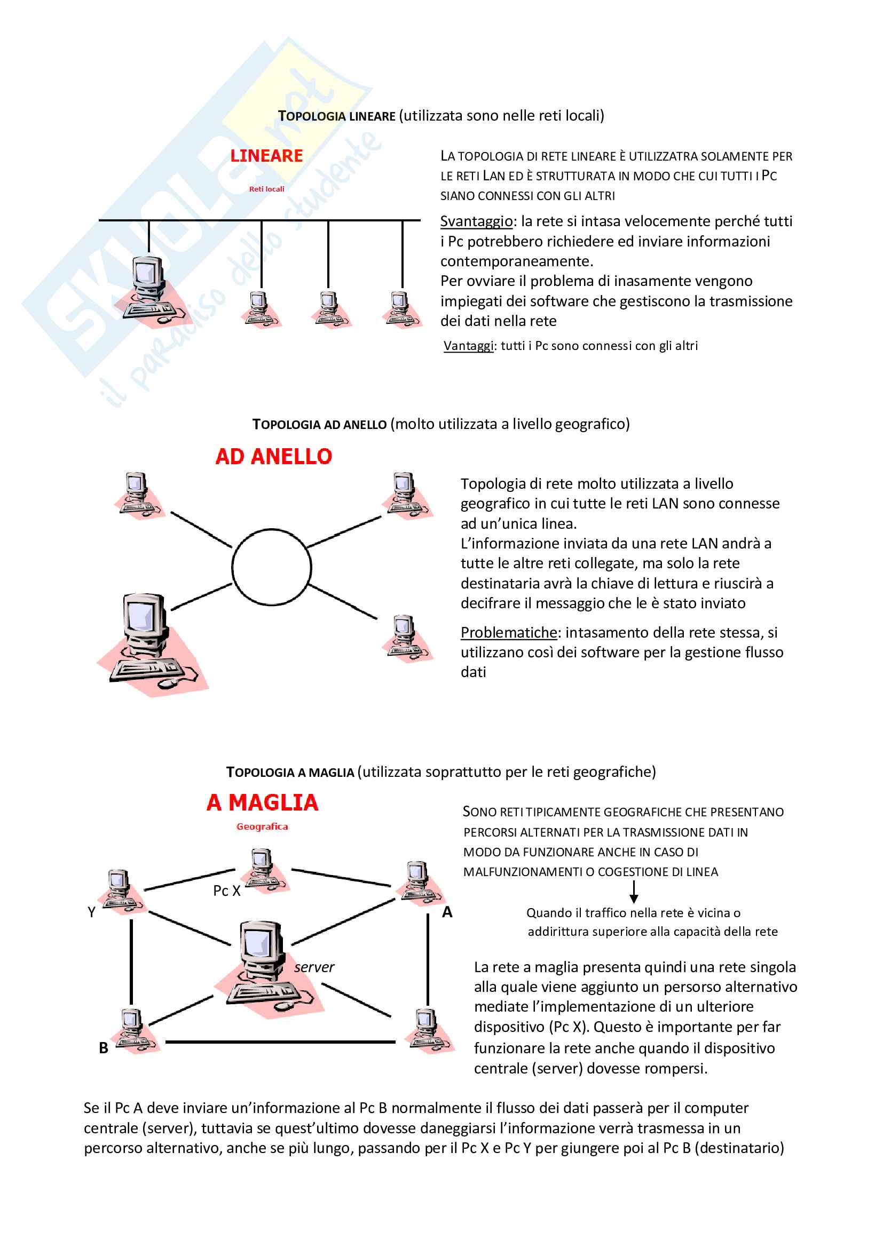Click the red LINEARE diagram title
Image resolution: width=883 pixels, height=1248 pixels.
click(266, 156)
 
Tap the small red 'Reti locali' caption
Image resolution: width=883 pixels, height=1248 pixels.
click(266, 189)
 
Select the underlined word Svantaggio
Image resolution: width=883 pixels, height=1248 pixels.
click(476, 222)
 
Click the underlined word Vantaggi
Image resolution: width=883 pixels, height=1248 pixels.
click(468, 346)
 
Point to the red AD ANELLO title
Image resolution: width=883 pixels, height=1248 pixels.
click(273, 457)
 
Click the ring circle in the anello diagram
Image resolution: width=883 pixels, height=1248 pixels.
click(271, 568)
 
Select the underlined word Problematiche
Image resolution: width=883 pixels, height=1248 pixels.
click(508, 633)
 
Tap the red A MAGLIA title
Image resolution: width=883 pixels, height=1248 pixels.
click(262, 803)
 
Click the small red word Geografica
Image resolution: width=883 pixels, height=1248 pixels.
click(262, 826)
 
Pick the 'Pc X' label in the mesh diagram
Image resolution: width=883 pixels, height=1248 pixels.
click(226, 891)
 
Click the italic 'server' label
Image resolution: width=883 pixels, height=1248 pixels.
click(314, 967)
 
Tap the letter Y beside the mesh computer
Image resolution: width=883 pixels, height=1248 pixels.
click(91, 912)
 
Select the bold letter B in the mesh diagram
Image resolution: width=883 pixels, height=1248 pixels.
click(104, 1048)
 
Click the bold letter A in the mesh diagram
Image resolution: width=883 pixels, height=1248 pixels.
click(447, 912)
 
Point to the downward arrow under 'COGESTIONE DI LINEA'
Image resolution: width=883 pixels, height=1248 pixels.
click(634, 892)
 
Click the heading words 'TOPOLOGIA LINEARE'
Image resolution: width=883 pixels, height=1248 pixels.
click(336, 116)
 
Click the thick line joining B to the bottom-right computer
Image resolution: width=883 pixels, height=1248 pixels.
click(280, 1042)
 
